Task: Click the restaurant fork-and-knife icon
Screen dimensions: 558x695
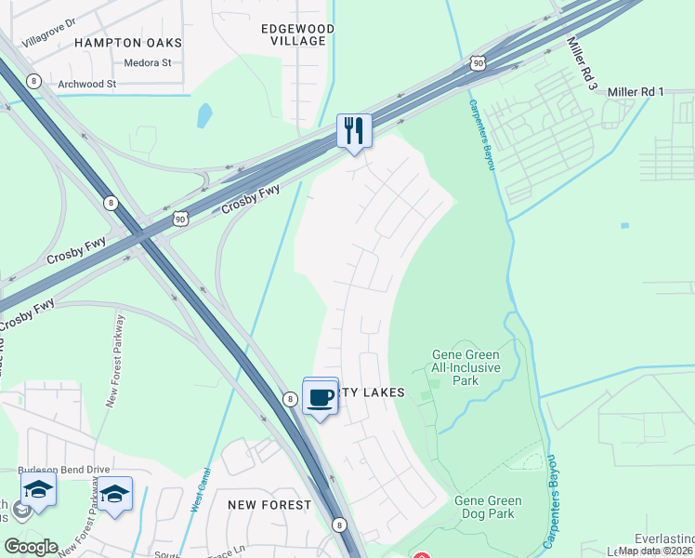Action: [x=354, y=129]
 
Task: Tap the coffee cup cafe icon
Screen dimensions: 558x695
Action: [x=321, y=398]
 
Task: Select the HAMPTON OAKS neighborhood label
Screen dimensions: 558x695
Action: [x=128, y=43]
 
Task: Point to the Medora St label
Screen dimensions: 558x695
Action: [x=148, y=63]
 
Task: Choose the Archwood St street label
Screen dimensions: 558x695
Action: [x=85, y=84]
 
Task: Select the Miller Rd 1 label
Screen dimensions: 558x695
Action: [x=636, y=91]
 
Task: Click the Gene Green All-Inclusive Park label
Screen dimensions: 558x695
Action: [x=466, y=367]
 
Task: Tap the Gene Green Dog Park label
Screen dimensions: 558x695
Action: [x=488, y=507]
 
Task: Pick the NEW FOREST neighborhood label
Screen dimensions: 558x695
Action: [x=269, y=504]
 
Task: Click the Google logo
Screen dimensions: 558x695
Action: [x=30, y=547]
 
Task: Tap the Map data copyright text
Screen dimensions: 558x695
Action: [x=655, y=551]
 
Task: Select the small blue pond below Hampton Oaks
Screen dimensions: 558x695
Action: [x=203, y=115]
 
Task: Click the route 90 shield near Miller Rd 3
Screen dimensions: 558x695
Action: [x=477, y=62]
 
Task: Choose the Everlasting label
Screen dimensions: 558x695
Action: [x=664, y=538]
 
